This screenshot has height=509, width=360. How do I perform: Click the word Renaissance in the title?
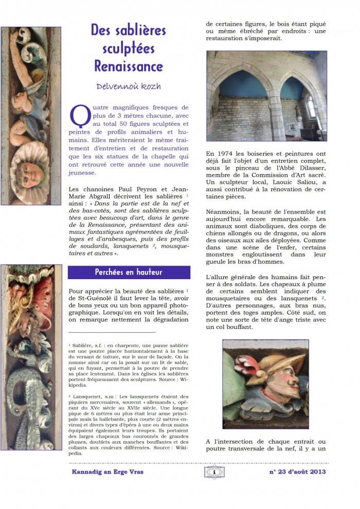click(x=129, y=66)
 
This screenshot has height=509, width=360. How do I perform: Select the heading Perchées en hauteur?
click(x=129, y=272)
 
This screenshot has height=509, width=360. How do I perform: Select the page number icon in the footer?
click(x=214, y=472)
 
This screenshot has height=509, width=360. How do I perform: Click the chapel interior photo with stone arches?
click(x=266, y=96)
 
